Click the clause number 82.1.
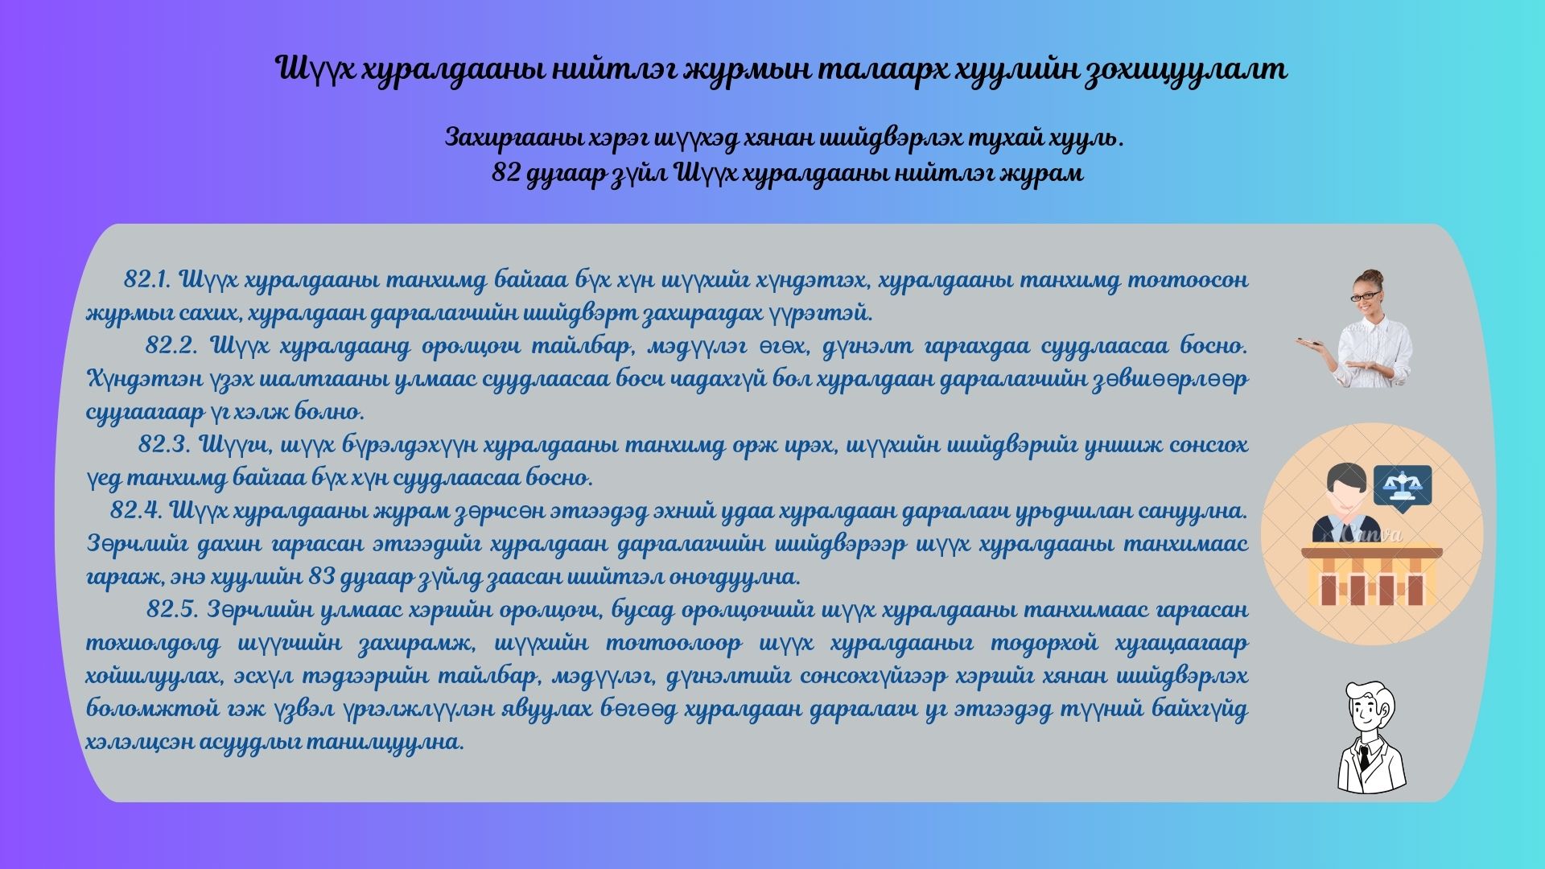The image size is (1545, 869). [x=145, y=280]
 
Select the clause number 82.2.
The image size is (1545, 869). [x=171, y=346]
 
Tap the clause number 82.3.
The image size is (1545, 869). [x=164, y=444]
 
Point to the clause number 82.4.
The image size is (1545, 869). [x=136, y=510]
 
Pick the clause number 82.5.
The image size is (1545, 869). [x=172, y=609]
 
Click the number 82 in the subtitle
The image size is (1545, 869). [x=505, y=173]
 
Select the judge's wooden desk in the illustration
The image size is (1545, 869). [x=1371, y=576]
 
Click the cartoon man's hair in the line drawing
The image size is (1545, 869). [x=1366, y=693]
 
